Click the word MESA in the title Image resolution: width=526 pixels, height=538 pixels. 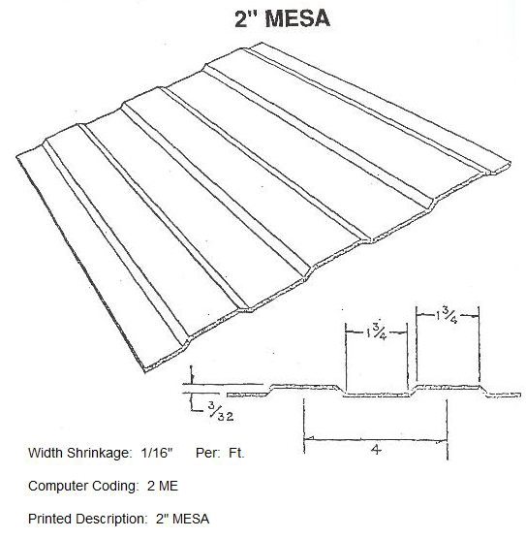297,18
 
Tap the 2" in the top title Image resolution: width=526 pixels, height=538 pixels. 245,18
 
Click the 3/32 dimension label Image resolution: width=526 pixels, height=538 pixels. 221,411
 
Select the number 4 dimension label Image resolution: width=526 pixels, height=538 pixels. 376,449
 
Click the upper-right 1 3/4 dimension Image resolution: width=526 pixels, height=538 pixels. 447,316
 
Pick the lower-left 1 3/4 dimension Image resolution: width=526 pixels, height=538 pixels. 377,332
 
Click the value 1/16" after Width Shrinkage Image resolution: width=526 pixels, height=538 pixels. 156,453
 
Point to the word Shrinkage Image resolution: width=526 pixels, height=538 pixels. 99,454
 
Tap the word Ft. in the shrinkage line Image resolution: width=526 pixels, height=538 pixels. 236,453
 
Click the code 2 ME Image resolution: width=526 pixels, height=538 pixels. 163,487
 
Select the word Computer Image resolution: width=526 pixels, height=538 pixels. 54,487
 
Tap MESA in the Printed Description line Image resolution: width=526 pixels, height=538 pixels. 191,519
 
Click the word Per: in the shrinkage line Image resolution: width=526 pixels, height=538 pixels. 208,453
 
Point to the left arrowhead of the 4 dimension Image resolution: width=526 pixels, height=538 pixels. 308,438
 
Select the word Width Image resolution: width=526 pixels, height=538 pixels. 46,453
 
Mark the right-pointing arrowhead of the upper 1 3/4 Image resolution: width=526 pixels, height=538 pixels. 475,316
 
